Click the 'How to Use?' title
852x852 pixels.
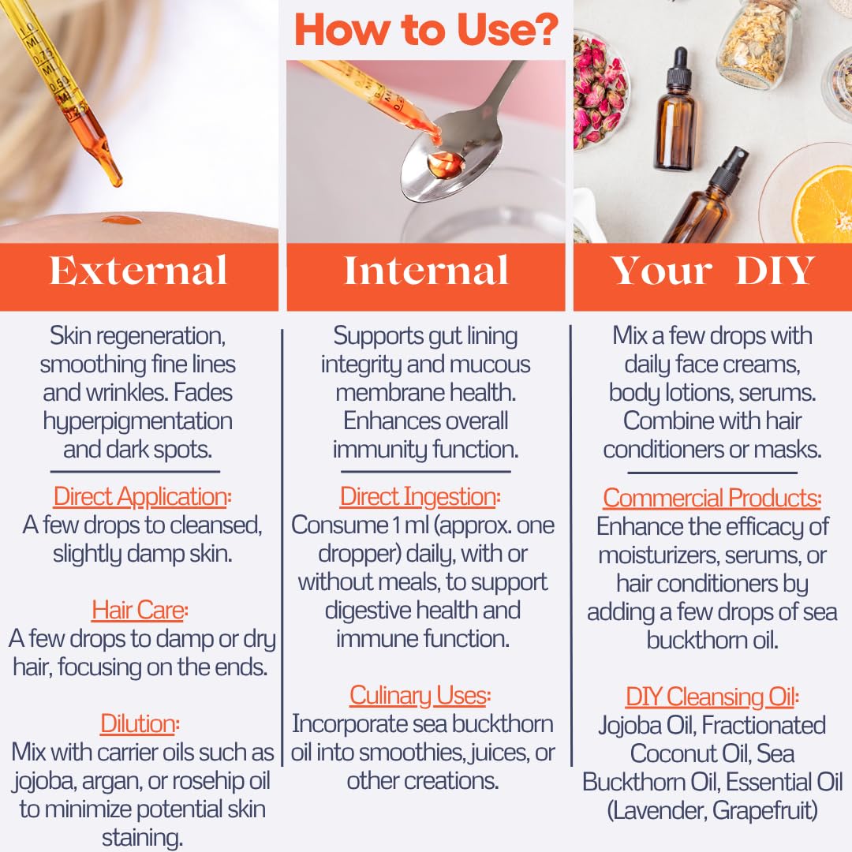426,30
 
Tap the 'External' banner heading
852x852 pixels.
139,271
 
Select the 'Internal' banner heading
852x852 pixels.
426,271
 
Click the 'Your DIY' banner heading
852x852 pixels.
712,271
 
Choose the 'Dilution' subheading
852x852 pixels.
139,723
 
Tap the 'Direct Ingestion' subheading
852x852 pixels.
419,497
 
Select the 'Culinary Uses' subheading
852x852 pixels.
419,696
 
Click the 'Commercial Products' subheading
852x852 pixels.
712,498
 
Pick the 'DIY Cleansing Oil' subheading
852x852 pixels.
712,697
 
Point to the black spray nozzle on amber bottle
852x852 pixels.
734,162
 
